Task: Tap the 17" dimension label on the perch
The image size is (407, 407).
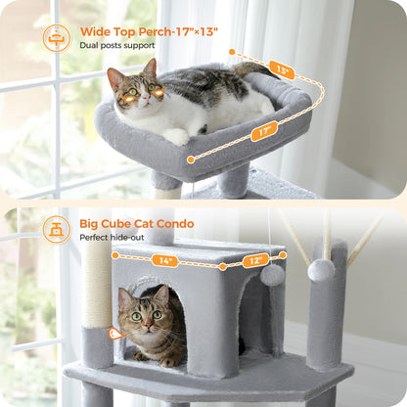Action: click(x=263, y=131)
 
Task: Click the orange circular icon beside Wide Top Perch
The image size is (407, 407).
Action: click(x=57, y=38)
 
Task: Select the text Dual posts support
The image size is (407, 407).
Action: click(x=116, y=45)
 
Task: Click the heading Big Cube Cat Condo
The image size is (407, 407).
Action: click(x=137, y=224)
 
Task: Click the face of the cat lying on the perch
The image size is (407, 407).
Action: click(x=142, y=91)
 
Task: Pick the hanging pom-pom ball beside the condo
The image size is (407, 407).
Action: click(x=272, y=275)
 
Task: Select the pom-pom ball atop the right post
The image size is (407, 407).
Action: click(x=321, y=270)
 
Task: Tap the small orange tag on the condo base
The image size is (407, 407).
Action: click(x=116, y=334)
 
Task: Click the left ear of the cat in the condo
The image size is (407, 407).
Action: click(x=124, y=295)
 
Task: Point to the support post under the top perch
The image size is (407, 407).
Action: click(x=233, y=178)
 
